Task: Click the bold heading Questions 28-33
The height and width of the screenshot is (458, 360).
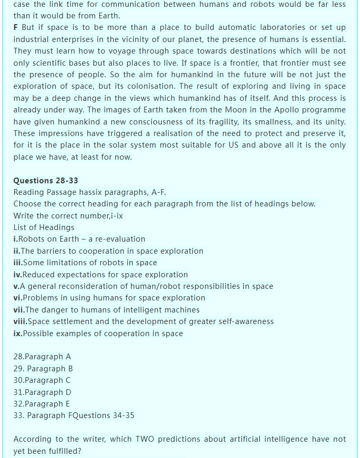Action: pos(46,180)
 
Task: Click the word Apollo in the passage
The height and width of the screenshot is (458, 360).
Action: pos(275,110)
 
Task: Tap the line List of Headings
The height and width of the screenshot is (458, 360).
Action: pos(44,227)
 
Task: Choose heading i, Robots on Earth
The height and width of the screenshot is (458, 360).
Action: pos(79,239)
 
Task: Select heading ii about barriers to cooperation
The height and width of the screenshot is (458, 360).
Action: pos(108,251)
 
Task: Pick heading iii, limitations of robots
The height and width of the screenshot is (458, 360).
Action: pos(85,263)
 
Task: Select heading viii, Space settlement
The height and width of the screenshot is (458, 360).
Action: pos(143,321)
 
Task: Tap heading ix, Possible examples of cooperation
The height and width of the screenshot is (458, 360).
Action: pos(98,333)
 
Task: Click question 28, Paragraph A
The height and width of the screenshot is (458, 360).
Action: pos(42,357)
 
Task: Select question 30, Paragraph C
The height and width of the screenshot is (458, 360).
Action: pos(42,380)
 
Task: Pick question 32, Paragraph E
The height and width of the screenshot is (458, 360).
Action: pos(42,404)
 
